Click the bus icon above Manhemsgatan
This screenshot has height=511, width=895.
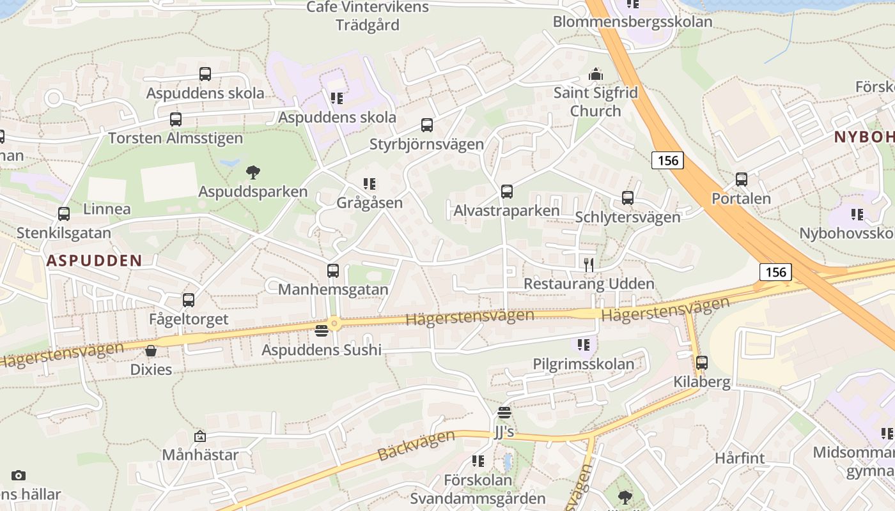333,271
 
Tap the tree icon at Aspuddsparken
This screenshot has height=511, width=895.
253,172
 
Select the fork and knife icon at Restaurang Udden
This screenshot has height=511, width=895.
589,264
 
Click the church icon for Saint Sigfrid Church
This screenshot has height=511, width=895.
596,74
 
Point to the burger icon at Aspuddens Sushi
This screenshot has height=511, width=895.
322,331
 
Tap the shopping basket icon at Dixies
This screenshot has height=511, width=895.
151,351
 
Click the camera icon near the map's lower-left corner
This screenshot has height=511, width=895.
19,475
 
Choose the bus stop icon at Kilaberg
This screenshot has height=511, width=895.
702,363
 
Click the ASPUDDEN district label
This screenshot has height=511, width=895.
94,260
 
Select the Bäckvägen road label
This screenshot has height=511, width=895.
416,445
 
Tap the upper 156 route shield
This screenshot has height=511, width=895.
668,160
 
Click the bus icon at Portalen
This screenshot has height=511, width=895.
742,179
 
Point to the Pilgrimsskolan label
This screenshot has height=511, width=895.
584,364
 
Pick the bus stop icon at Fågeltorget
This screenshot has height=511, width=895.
188,300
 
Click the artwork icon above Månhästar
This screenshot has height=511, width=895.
200,436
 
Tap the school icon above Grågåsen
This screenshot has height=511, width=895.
370,185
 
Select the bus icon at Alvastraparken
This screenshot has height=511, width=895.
507,192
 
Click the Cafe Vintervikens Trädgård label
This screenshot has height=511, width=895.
368,16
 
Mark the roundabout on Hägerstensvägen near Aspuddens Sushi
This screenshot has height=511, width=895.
334,324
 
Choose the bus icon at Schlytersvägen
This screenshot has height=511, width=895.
628,198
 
